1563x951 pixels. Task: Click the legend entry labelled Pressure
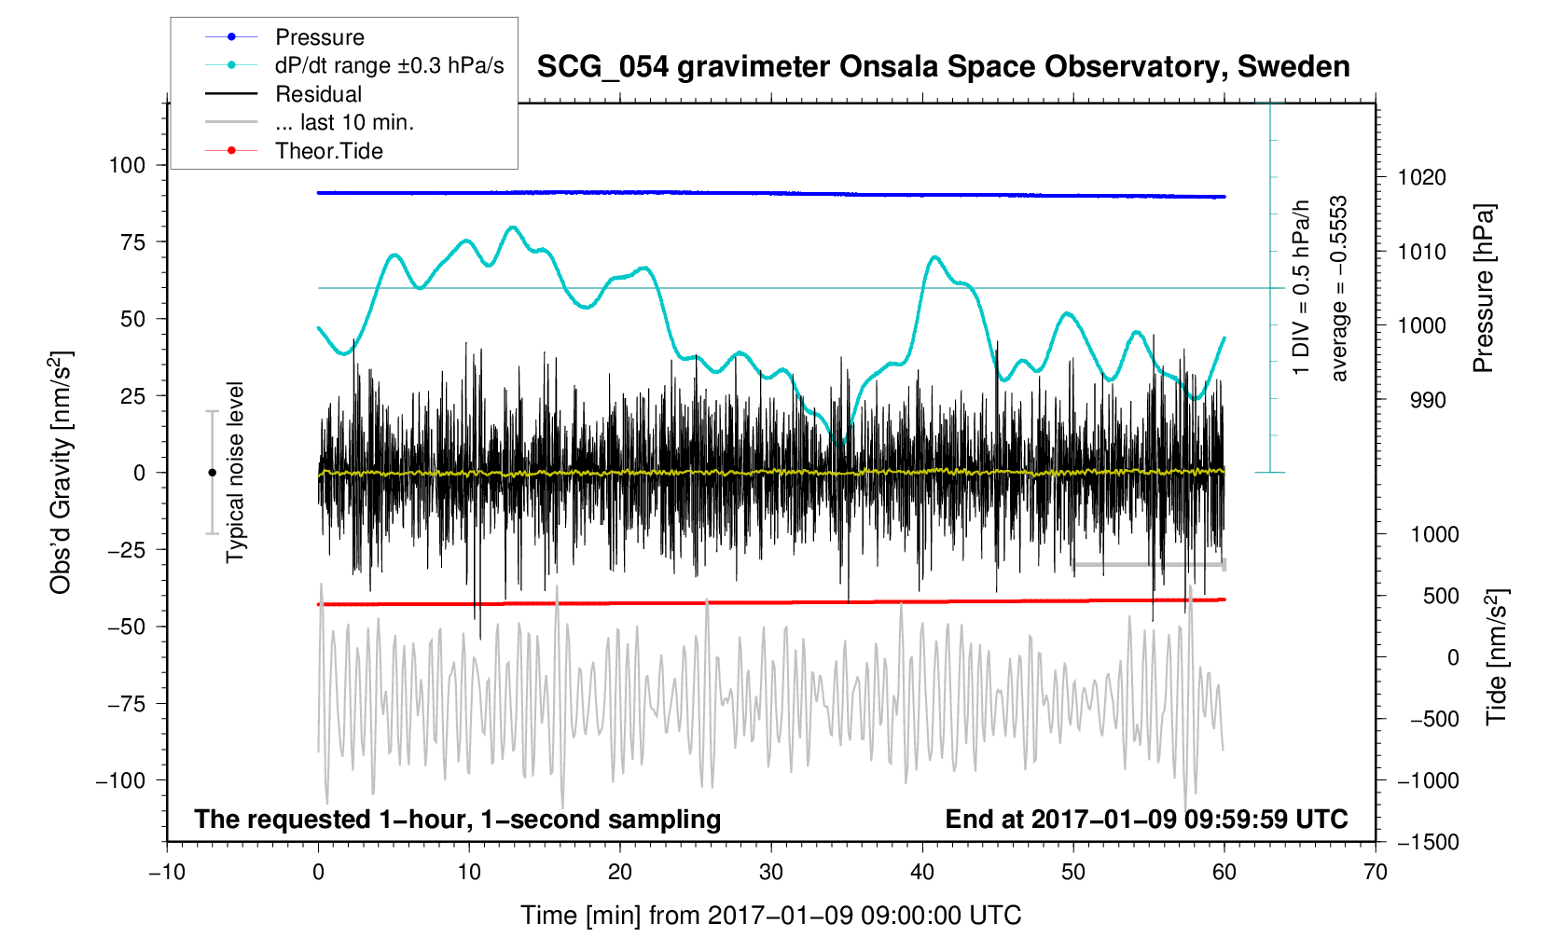pos(319,37)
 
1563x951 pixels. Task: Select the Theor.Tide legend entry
pos(328,151)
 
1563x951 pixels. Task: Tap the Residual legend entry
pos(318,94)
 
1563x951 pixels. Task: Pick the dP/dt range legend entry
pos(389,65)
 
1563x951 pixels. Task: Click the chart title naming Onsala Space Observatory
pos(943,67)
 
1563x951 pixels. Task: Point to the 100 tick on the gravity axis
pos(127,165)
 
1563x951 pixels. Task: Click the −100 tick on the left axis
pos(120,780)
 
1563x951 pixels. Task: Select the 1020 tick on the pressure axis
pos(1421,177)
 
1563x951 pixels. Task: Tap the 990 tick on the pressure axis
pos(1415,400)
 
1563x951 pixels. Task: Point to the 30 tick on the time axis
pos(771,872)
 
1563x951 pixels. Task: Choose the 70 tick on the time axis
pos(1375,872)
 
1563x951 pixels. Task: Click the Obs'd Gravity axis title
pos(61,473)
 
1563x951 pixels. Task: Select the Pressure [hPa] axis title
pos(1483,289)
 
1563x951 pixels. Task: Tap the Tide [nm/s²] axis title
pos(1496,657)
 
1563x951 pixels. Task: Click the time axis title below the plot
pos(770,916)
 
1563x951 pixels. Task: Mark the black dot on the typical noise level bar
pos(212,473)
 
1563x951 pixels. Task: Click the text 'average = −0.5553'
pos(1339,289)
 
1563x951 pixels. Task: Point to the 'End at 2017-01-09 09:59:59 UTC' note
pos(1146,820)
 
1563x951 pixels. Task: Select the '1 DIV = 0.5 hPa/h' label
pos(1301,289)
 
